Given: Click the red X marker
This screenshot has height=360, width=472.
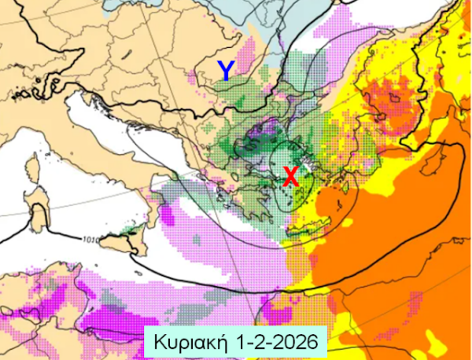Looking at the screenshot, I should (290, 177).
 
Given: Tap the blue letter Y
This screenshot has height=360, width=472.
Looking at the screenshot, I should (226, 72).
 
